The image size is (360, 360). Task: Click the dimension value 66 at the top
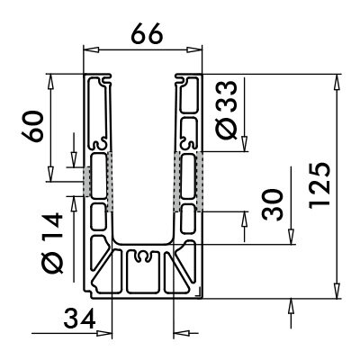pos(147,34)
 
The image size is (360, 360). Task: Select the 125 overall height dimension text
pos(319,186)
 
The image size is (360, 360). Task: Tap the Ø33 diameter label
pos(227,110)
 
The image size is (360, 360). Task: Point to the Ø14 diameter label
pos(51,243)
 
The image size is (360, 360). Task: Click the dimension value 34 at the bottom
pos(79,319)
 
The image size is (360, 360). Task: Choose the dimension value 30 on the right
pos(272,204)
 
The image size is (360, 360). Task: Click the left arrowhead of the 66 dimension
pos(91,50)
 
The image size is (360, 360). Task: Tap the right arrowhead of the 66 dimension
pos(194,50)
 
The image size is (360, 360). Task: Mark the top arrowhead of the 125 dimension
pos(337,82)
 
